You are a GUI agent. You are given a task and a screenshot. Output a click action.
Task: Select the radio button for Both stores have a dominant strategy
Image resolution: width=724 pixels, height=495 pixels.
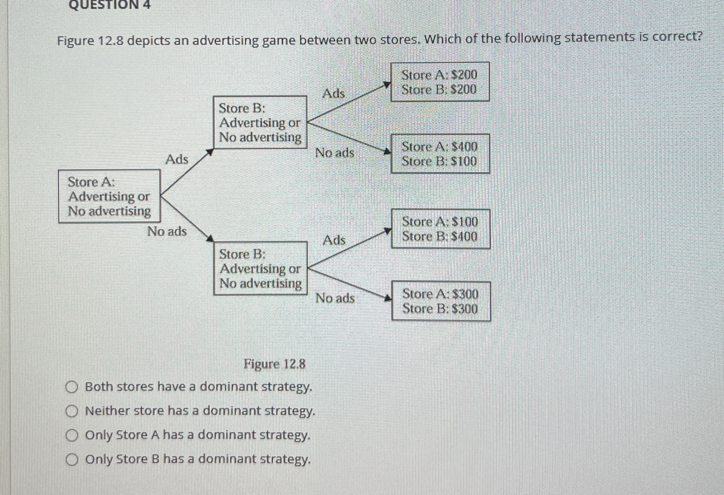pos(71,388)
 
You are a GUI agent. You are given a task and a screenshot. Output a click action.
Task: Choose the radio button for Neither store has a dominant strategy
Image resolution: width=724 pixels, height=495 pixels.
pos(71,412)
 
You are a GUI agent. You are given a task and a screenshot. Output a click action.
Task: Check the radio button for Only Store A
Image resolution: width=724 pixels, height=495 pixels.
pos(71,436)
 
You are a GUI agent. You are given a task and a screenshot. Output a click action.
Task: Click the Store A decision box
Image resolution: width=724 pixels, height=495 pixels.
pos(109,196)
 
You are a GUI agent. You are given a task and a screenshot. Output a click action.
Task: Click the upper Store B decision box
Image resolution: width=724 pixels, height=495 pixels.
pos(260,122)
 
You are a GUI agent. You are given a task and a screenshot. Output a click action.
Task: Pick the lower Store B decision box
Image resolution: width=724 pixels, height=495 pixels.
pos(260,268)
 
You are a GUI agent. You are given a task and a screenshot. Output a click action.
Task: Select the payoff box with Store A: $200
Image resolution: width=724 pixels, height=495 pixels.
pos(440,82)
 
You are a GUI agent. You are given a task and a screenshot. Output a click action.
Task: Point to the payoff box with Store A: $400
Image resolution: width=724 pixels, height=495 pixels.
pos(440,154)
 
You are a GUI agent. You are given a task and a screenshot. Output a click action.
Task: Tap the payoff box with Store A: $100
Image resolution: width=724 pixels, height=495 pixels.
pos(440,229)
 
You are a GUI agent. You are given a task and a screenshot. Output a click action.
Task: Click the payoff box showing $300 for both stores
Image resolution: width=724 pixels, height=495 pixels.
pos(440,301)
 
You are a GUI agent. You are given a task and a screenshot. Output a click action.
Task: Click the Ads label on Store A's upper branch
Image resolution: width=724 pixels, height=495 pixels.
pos(177,160)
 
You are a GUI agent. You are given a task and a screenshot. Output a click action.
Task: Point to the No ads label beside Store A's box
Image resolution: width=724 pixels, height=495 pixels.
pos(167,231)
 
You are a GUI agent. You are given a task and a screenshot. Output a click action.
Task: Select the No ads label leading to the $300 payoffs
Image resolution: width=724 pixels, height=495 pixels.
pos(335,298)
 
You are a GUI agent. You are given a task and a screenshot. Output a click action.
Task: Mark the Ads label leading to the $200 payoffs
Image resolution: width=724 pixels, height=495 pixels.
pos(334,93)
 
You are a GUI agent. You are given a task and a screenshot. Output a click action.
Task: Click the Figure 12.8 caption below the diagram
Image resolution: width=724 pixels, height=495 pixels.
pos(275,364)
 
